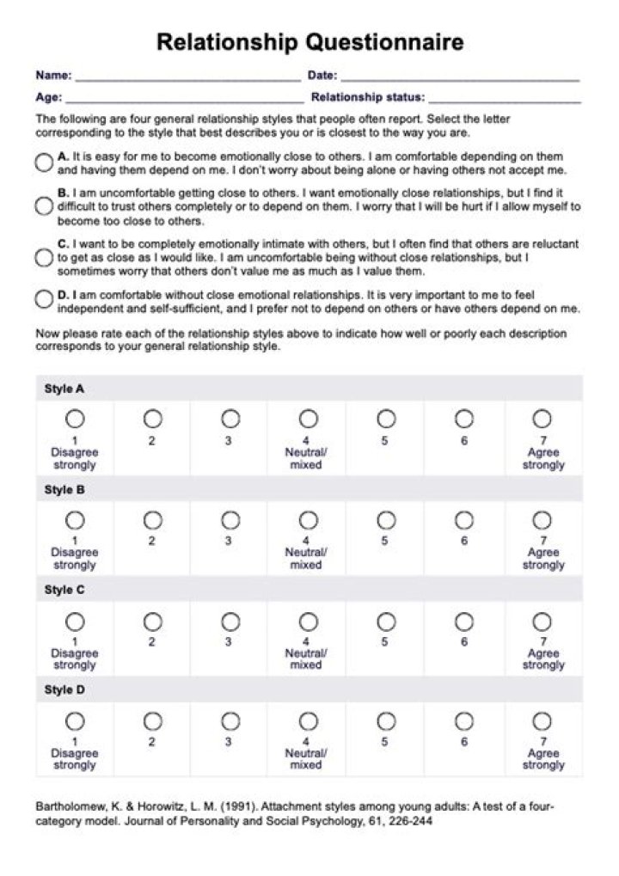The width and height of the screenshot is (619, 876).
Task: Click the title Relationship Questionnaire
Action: click(309, 42)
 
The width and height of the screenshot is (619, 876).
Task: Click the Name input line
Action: click(187, 77)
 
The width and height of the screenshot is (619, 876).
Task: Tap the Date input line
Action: click(459, 77)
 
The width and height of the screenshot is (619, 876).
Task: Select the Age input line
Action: click(184, 99)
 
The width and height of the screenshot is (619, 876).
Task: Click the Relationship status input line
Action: click(504, 99)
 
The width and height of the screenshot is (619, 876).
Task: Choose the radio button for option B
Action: click(44, 206)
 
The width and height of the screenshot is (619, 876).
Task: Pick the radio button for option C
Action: click(44, 257)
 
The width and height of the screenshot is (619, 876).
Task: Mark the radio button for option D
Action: click(44, 299)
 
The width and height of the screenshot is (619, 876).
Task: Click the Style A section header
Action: click(64, 389)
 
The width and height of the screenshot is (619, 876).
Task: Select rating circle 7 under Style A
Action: click(542, 419)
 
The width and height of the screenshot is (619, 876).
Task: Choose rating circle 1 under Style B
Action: click(75, 520)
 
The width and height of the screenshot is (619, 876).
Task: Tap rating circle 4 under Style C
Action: click(308, 621)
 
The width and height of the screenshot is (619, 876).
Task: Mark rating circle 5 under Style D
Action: click(386, 720)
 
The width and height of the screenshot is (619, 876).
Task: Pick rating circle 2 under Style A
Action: click(152, 419)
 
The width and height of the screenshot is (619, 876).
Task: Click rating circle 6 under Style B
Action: click(464, 520)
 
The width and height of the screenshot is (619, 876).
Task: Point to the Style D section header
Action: click(64, 690)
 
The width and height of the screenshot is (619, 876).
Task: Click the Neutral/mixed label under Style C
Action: click(306, 659)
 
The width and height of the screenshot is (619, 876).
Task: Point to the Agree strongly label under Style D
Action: click(543, 759)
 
